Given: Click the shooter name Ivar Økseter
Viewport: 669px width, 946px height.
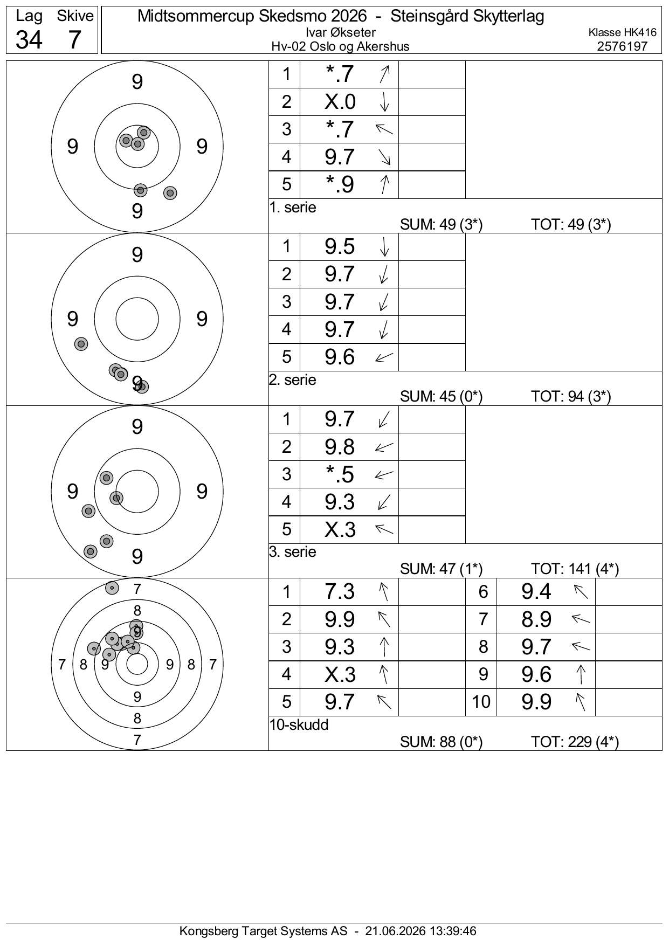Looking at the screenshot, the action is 340,33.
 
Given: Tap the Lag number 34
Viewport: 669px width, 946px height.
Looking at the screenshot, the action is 29,39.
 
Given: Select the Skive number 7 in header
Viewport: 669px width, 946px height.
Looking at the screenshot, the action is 75,39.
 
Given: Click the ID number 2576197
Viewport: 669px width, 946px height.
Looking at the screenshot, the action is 622,46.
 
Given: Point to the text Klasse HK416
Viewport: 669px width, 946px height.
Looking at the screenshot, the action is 622,33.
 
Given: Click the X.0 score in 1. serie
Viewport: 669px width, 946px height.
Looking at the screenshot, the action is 340,101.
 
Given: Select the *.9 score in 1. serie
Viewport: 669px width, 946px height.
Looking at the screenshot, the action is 340,184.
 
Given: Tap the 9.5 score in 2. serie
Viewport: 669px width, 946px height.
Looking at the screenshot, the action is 340,246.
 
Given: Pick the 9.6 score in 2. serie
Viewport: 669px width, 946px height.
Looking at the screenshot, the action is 340,357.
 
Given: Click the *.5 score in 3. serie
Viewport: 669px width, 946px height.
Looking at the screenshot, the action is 340,474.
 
